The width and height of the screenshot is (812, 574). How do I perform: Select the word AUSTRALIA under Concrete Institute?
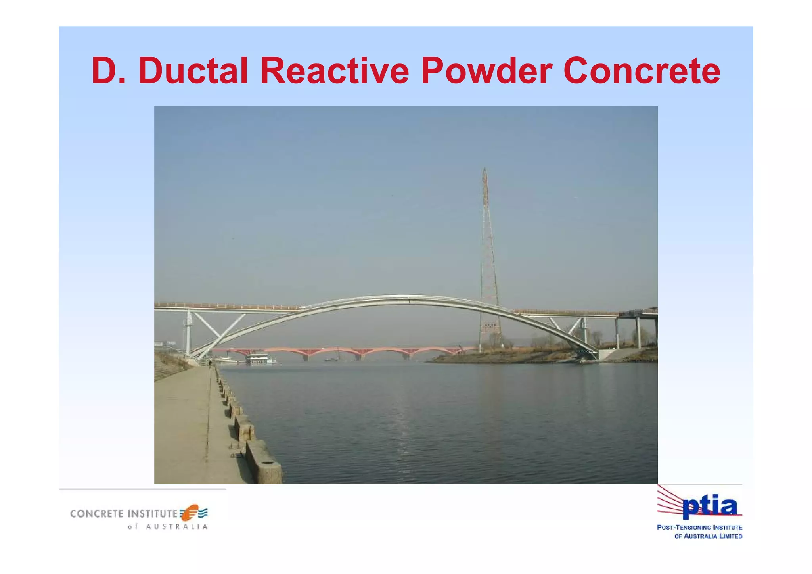click(x=177, y=527)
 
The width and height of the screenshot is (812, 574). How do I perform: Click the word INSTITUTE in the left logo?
click(x=152, y=514)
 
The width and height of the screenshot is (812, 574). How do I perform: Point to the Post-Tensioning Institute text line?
click(x=699, y=528)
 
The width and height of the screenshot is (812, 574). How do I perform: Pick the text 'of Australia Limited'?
click(x=708, y=536)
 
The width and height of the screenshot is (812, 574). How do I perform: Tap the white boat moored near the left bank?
click(x=260, y=359)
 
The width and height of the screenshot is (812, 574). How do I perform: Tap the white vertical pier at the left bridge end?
click(x=188, y=333)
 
